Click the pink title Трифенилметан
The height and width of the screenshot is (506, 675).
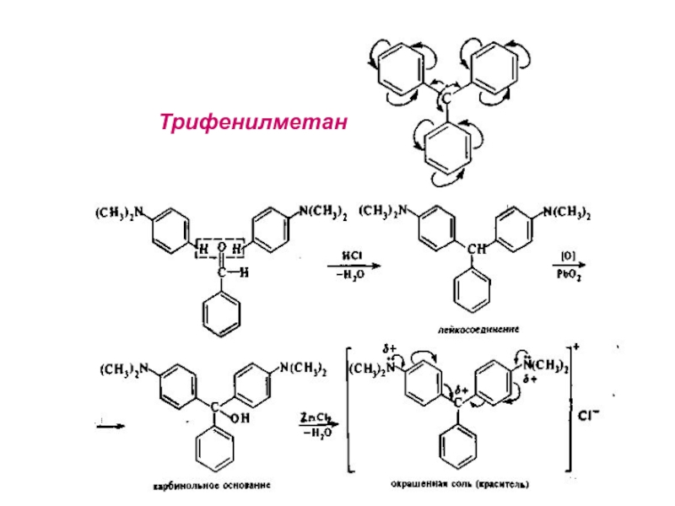(254, 123)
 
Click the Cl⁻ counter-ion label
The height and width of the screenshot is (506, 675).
(591, 415)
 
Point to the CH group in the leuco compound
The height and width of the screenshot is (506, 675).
(477, 250)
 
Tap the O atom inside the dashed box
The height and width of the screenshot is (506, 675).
(221, 247)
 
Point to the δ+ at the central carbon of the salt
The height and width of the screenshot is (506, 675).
(461, 390)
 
